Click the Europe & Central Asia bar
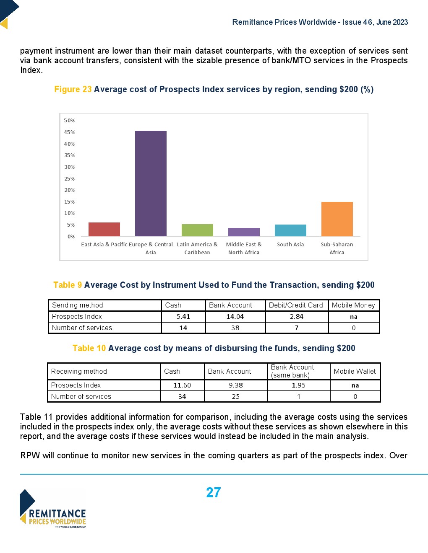(x=151, y=183)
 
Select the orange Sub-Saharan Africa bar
(x=337, y=219)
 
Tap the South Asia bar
(x=290, y=230)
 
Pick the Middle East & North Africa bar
(x=244, y=232)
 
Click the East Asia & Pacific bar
(x=104, y=229)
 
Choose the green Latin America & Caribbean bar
(x=197, y=230)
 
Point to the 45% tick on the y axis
(x=69, y=132)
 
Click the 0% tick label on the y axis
(x=71, y=237)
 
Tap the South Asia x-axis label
(x=290, y=245)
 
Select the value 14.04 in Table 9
(x=235, y=317)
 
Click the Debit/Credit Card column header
(x=296, y=305)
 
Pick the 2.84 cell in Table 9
(x=296, y=317)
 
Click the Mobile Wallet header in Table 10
(x=355, y=371)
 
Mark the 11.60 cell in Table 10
(x=182, y=385)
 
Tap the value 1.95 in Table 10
(x=298, y=385)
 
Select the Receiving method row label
(x=79, y=371)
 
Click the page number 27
(x=213, y=493)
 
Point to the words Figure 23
(x=73, y=89)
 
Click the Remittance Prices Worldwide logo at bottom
(x=53, y=509)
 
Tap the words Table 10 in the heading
(x=89, y=348)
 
